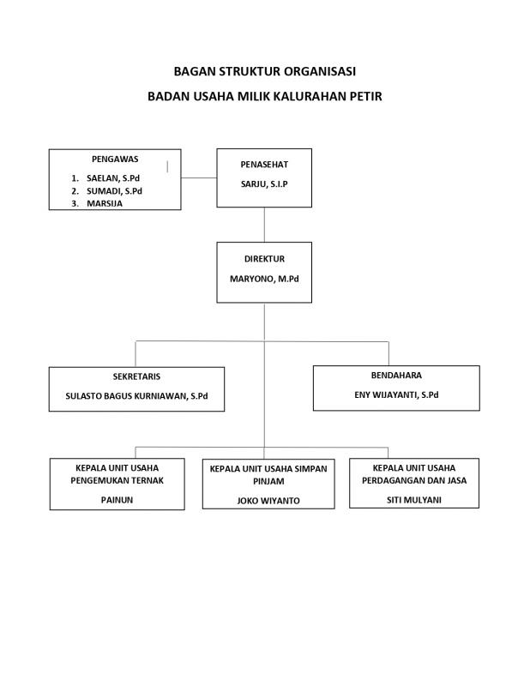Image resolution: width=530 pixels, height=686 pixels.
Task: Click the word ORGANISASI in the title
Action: [320, 71]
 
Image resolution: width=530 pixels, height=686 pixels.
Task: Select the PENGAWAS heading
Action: [115, 159]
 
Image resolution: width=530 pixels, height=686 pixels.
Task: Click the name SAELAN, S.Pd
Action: [113, 178]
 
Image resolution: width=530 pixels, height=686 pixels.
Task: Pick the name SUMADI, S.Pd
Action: [114, 190]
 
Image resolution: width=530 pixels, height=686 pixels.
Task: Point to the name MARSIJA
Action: [105, 203]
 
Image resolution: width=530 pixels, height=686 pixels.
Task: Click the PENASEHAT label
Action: [264, 165]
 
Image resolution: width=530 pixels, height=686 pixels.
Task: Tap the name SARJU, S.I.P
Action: [264, 184]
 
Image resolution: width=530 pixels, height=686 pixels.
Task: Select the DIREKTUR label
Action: [264, 259]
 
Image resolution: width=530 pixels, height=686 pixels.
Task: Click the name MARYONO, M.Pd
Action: [264, 279]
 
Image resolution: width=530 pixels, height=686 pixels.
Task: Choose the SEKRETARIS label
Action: [136, 376]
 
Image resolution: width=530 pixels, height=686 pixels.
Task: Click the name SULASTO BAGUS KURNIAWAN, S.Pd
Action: [136, 396]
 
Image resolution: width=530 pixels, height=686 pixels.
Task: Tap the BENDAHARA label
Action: [396, 376]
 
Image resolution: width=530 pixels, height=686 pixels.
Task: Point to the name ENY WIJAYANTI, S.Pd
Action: [396, 394]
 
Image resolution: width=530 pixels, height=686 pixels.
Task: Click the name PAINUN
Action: [117, 500]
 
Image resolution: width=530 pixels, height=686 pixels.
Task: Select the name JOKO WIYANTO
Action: [268, 501]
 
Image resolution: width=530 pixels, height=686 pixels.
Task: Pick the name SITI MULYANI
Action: [414, 500]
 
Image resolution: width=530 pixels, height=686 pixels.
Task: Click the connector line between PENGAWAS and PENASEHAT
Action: [199, 178]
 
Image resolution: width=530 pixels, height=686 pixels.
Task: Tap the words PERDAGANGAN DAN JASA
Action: [414, 480]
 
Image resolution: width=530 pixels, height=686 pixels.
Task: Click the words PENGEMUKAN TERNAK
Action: [117, 480]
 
